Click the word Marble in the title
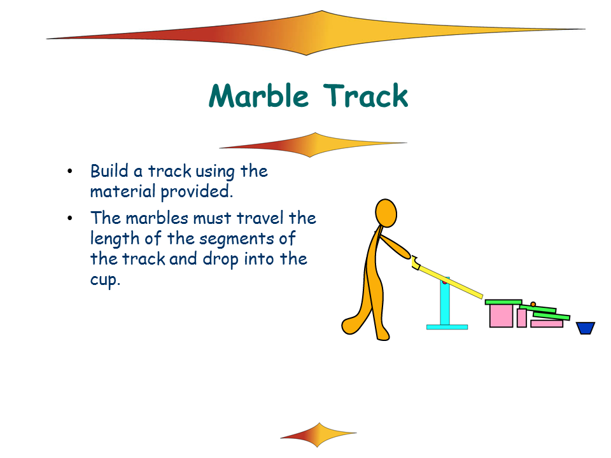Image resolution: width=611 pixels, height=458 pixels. click(x=259, y=95)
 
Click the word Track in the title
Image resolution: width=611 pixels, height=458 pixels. click(x=366, y=95)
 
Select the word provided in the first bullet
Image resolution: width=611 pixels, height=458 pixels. click(x=197, y=191)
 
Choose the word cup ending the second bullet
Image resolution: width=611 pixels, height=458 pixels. click(x=105, y=280)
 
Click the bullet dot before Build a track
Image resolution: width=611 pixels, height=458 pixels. click(x=70, y=171)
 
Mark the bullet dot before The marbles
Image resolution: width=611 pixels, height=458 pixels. click(x=70, y=218)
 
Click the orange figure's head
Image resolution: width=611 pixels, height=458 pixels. click(x=386, y=213)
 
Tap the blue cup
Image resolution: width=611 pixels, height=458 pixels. click(x=586, y=328)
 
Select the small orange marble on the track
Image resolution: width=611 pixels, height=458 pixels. click(x=533, y=304)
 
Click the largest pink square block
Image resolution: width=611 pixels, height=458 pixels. click(x=501, y=316)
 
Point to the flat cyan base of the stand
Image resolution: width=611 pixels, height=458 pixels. click(x=447, y=327)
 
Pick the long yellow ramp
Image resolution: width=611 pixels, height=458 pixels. click(x=449, y=280)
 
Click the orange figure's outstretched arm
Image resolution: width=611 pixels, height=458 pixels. click(x=395, y=247)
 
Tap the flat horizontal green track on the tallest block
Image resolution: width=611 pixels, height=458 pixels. click(x=503, y=302)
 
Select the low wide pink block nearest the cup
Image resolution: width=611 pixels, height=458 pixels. click(x=547, y=324)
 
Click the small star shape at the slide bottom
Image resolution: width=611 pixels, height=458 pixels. click(x=318, y=434)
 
